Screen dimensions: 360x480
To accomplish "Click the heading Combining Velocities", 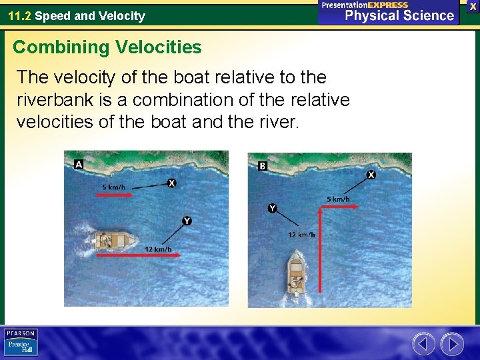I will pos(107,47).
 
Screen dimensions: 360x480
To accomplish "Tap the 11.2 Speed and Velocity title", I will pos(76,15).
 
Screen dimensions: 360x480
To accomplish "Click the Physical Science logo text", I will pos(399,15).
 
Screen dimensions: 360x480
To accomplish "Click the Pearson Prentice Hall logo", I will pos(21,343).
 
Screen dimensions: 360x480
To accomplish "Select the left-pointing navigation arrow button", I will pos(423,344).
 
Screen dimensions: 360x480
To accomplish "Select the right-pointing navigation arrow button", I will pos(452,344).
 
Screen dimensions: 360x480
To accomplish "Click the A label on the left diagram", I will pos(79,164).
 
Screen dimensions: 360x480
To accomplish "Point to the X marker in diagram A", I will pos(172,183).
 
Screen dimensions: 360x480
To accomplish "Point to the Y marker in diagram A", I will pos(187,221).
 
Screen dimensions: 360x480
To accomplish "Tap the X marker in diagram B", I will pos(371,175).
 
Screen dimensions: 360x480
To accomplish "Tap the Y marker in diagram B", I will pos(272,209).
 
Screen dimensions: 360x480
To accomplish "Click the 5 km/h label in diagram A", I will pos(113,187).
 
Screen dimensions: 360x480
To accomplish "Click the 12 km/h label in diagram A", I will pos(158,249).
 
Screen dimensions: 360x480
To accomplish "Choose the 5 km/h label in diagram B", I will pos(338,199).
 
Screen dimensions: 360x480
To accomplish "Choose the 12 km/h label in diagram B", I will pos(301,235).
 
